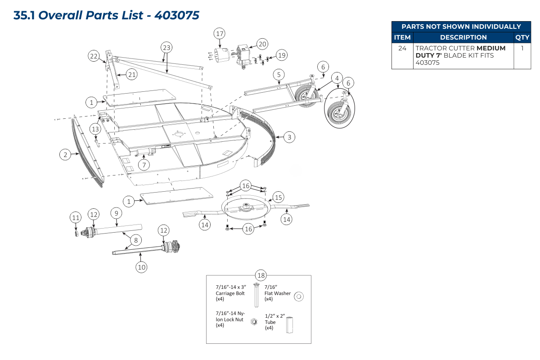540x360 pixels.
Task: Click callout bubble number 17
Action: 219,34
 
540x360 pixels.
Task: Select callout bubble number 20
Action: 262,44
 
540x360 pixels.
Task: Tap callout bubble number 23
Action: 167,47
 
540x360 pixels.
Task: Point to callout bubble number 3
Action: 290,137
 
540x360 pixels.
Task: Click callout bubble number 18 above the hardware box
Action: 261,275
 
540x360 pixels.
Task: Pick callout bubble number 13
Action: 95,129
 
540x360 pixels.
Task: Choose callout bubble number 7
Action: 144,165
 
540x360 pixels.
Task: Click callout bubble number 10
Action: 142,267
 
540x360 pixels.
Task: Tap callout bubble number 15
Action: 278,197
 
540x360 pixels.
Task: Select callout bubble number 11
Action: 76,218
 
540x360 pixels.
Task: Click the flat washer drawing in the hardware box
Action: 300,296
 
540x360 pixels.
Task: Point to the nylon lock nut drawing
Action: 253,322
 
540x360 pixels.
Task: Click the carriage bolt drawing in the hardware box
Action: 256,295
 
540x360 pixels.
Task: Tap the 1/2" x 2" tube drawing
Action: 289,324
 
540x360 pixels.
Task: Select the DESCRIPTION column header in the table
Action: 463,38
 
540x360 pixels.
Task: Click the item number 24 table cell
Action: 402,48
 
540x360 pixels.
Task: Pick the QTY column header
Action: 522,38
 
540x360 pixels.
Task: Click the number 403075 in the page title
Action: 176,16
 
